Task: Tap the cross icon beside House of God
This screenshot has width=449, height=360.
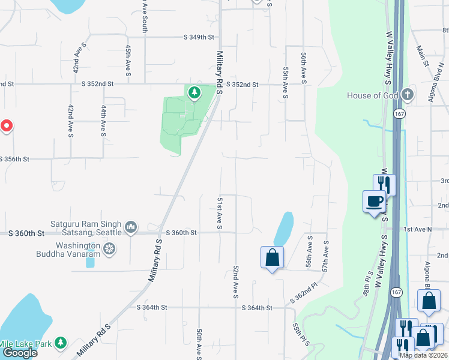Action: (x=408, y=95)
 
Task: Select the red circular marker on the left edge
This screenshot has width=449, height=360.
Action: (x=6, y=126)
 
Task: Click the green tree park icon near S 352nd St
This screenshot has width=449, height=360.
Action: (x=194, y=92)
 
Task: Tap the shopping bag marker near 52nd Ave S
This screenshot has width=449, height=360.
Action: (x=272, y=257)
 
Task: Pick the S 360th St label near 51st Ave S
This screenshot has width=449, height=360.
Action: (x=181, y=232)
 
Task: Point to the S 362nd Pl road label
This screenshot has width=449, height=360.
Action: (x=306, y=292)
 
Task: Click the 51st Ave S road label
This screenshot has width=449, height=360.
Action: (x=220, y=212)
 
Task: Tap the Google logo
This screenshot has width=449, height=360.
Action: (x=19, y=353)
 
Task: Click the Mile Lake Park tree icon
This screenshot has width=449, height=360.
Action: (x=60, y=343)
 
